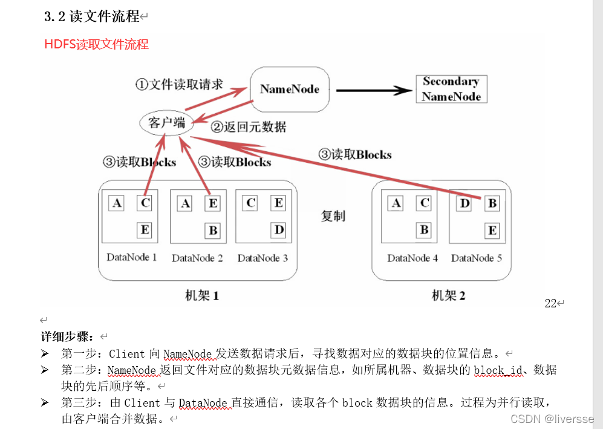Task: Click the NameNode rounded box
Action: (290, 90)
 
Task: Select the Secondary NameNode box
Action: (451, 89)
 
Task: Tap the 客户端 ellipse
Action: (166, 123)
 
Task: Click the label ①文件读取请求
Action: (178, 84)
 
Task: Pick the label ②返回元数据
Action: (249, 127)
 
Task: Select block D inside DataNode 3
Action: (279, 230)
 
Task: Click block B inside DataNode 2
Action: (213, 230)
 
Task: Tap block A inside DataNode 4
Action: (396, 203)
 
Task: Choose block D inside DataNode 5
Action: (464, 203)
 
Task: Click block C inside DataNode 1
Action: (145, 203)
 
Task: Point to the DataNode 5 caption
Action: (477, 258)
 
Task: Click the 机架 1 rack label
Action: (201, 296)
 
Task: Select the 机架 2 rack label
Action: (448, 296)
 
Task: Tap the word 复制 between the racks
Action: (333, 216)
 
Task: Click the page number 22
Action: (550, 304)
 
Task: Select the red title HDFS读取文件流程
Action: (97, 44)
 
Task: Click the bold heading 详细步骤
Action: (67, 336)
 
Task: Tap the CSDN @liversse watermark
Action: (552, 419)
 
